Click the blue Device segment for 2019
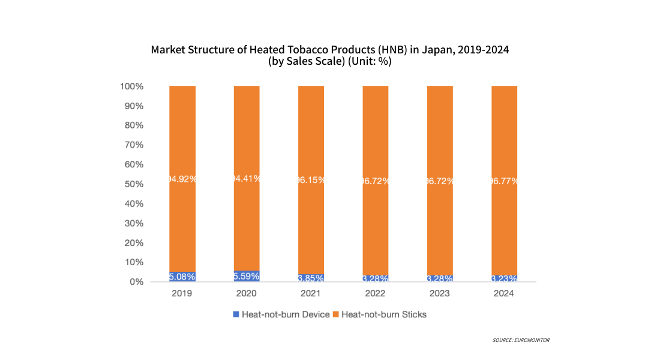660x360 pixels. (x=182, y=277)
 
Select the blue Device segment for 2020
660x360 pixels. (x=247, y=276)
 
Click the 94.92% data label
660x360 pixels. (x=182, y=179)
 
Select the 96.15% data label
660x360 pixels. (x=311, y=179)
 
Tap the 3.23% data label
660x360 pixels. (x=504, y=278)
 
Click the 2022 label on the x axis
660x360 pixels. (x=376, y=294)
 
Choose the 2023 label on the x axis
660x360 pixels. (x=440, y=294)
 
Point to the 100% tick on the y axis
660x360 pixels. (x=132, y=86)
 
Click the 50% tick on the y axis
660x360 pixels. (x=134, y=184)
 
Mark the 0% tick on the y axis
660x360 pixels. (x=137, y=282)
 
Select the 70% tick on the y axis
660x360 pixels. (x=134, y=145)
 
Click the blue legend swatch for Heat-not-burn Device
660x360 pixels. (x=236, y=314)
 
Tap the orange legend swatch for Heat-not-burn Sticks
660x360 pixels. (x=335, y=314)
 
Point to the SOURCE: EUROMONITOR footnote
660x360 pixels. (x=521, y=340)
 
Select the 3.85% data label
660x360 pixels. (x=311, y=278)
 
